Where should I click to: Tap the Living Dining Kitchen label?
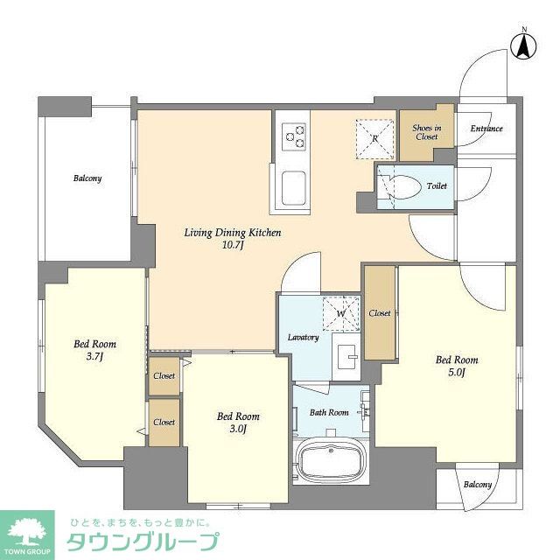pyautogui.click(x=232, y=233)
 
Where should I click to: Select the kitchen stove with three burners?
pyautogui.click(x=294, y=136)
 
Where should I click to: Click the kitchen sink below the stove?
pyautogui.click(x=293, y=186)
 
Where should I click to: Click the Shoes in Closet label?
pyautogui.click(x=426, y=132)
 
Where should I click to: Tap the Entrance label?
pyautogui.click(x=486, y=129)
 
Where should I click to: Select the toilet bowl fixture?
pyautogui.click(x=398, y=186)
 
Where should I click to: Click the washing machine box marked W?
pyautogui.click(x=339, y=312)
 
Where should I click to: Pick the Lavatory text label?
pyautogui.click(x=303, y=338)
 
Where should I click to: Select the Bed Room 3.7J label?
pyautogui.click(x=94, y=350)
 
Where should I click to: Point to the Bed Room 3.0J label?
pyautogui.click(x=238, y=423)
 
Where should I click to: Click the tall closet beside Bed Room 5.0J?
pyautogui.click(x=379, y=311)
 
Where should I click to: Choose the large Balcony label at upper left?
pyautogui.click(x=87, y=178)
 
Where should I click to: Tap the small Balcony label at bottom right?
pyautogui.click(x=478, y=485)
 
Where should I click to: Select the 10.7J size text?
pyautogui.click(x=232, y=248)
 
